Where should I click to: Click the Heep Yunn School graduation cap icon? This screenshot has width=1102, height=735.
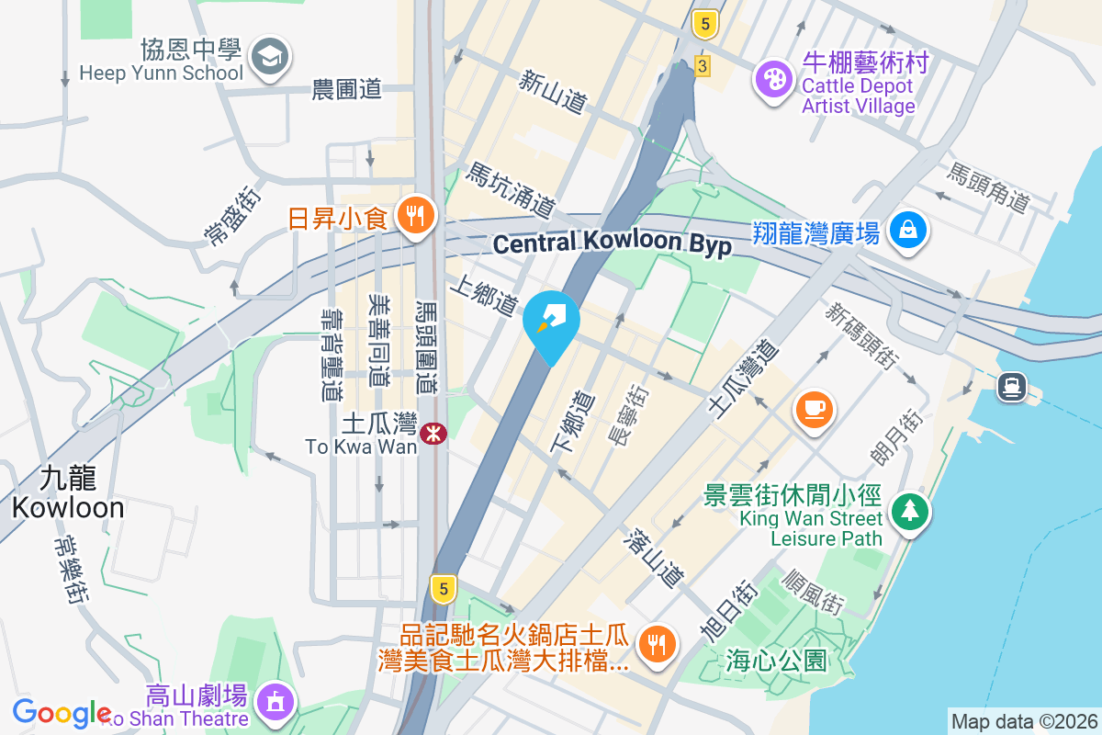point(270,58)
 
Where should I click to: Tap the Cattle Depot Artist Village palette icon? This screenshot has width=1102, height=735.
point(774,79)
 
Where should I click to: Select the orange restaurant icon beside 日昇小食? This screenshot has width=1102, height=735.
point(415,217)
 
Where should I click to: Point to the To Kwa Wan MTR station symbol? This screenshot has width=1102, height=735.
point(433,433)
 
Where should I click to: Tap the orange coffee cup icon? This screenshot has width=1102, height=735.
point(814,407)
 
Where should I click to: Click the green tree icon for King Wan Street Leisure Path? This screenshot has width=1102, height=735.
point(910,511)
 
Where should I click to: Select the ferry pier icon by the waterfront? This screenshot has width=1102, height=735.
point(1011,387)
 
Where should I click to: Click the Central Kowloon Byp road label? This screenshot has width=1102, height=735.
point(612,243)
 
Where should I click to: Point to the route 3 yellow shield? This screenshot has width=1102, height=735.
point(703,66)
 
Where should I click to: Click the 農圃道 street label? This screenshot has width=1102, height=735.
point(346,89)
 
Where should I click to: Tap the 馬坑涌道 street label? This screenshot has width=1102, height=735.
point(511,190)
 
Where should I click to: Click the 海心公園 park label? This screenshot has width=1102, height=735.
point(776,660)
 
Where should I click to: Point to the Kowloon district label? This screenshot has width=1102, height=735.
point(68,493)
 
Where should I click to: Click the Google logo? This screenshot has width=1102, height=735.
point(62,712)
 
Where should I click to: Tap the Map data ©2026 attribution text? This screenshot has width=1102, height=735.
point(1023,722)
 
